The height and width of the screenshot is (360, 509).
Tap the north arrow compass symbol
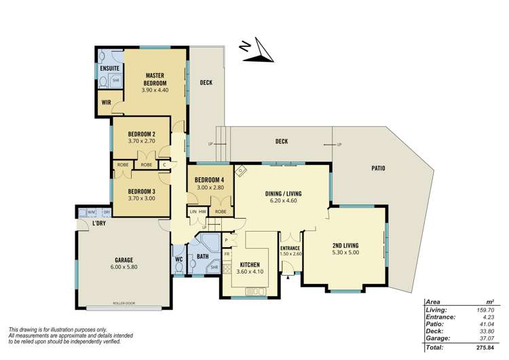click(254, 53)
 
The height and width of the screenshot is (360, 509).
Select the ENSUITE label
click(110, 69)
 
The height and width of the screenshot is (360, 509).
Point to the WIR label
click(106, 103)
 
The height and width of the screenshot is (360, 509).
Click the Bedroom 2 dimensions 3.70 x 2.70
click(142, 141)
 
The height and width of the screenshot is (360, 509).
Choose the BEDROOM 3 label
click(142, 191)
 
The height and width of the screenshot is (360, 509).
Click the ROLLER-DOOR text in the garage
click(128, 304)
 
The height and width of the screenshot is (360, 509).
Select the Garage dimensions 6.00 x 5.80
click(124, 268)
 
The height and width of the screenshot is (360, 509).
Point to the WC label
click(178, 259)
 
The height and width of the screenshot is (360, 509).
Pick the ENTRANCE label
click(290, 248)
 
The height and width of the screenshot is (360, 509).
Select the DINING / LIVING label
click(283, 194)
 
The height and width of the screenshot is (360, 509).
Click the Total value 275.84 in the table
click(483, 348)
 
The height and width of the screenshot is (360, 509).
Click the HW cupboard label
click(202, 212)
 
